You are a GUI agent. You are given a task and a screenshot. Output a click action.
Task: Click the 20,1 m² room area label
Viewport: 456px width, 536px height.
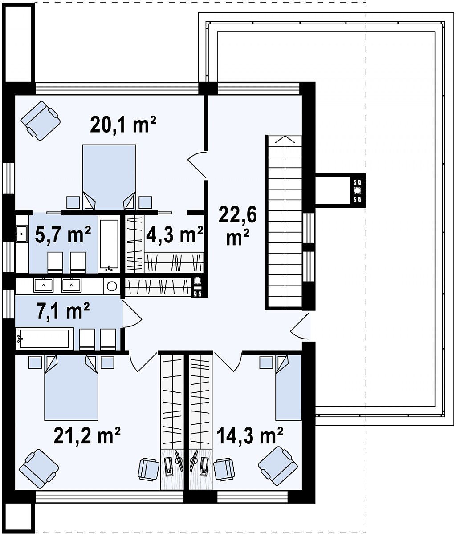[123, 125]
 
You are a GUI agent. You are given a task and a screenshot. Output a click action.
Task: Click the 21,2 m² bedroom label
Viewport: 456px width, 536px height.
[87, 435]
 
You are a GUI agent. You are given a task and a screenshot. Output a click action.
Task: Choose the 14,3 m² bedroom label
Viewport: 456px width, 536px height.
[249, 435]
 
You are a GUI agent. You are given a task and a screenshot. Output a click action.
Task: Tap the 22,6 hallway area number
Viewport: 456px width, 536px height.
[237, 214]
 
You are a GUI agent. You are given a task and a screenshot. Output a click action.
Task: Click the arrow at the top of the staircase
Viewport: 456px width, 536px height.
[285, 140]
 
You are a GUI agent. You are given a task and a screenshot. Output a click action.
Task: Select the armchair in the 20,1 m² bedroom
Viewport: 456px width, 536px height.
[41, 121]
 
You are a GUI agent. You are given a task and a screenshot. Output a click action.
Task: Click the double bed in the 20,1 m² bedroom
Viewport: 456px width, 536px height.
[109, 177]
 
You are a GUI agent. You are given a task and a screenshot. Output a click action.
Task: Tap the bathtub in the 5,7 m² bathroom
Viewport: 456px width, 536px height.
[109, 244]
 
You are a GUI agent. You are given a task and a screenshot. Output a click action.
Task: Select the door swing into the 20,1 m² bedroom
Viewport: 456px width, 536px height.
[197, 165]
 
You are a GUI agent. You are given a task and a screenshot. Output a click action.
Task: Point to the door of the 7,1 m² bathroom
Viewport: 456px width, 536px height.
[132, 313]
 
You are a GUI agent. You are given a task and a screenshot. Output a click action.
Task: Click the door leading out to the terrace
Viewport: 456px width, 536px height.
[300, 326]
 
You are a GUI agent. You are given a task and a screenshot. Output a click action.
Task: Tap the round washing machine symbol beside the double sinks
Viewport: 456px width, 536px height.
[112, 286]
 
